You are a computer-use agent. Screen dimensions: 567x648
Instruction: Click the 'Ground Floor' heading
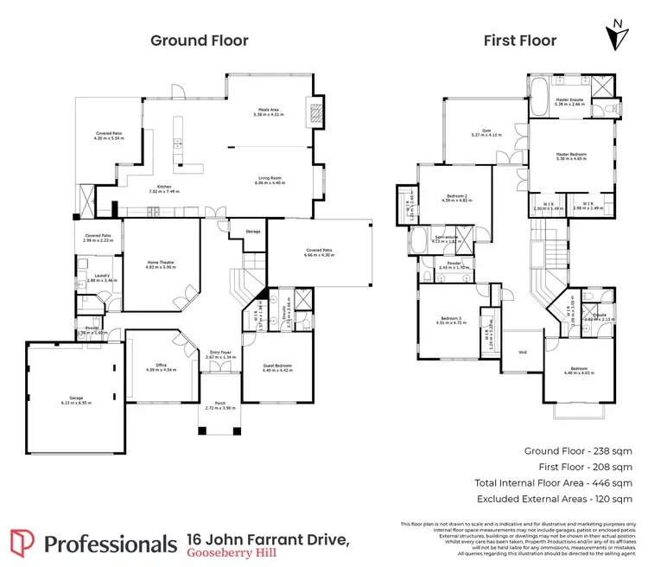tap(200, 41)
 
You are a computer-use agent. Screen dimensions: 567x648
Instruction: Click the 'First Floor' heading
tap(520, 41)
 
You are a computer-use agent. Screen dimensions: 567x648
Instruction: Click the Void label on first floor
tap(522, 353)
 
